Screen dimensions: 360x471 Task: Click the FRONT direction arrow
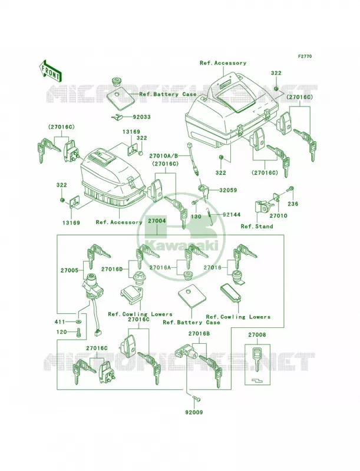pos(50,71)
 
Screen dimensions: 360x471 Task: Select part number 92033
pos(141,117)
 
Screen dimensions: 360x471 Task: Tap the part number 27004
pos(157,221)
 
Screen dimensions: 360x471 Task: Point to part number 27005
pos(70,270)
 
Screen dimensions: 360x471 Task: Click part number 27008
pos(257,335)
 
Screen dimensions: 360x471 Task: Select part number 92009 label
pos(193,413)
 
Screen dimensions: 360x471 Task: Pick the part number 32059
pos(228,190)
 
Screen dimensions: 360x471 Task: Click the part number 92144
pos(232,215)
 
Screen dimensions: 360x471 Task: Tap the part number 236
pos(293,204)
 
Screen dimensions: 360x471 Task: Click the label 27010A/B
pos(164,156)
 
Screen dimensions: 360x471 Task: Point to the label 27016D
pos(112,269)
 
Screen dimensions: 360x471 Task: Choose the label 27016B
pos(199,333)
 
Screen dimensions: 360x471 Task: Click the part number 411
pos(60,321)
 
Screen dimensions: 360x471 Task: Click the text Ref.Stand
pos(257,226)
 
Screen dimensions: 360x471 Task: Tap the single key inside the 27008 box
pos(257,359)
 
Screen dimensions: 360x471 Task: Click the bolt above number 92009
pos(197,400)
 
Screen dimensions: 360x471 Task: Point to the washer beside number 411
pos(78,321)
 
